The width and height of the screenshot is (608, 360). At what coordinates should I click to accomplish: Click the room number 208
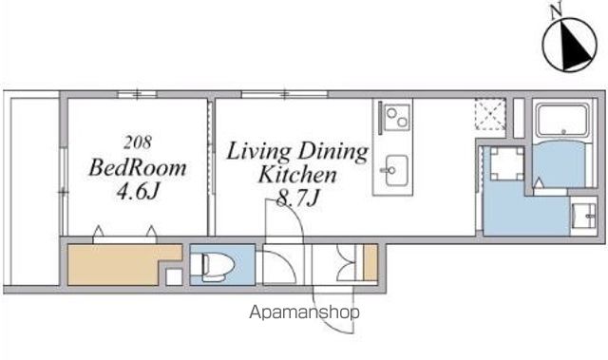(138, 142)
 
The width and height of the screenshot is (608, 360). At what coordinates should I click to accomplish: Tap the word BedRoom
(138, 168)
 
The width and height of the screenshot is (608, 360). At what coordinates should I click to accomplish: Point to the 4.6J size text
(138, 191)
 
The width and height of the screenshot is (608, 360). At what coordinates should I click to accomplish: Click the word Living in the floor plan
(258, 152)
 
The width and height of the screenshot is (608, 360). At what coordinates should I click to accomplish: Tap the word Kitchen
(297, 175)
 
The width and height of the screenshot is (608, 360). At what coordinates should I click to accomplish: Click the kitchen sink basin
(395, 170)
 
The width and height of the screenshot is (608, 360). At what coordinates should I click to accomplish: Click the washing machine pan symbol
(506, 162)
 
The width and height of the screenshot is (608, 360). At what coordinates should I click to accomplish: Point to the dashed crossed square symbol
(490, 114)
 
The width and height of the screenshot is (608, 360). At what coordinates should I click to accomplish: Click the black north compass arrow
(575, 48)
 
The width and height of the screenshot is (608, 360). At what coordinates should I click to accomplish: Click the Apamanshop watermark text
(304, 312)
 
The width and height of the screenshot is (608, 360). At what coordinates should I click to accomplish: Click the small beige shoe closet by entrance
(370, 262)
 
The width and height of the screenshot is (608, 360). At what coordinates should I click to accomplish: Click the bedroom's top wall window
(137, 94)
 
